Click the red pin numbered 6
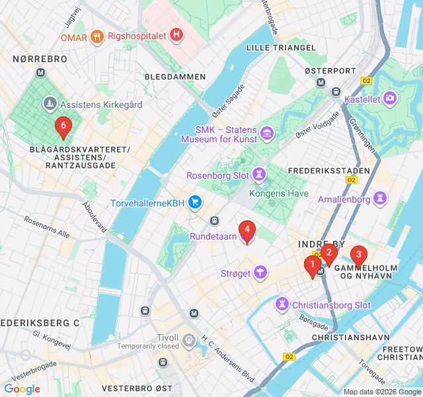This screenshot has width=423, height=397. click(63, 126)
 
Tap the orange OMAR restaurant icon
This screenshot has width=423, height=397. click(96, 37)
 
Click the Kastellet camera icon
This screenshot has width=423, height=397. click(390, 99)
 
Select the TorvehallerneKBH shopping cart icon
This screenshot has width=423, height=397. click(195, 202)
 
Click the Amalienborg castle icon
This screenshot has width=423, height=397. click(381, 198)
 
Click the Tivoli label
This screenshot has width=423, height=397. click(168, 337)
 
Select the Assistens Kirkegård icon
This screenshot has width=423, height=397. click(50, 104)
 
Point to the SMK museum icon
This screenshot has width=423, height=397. click(267, 134)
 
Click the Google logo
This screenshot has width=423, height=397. click(22, 389)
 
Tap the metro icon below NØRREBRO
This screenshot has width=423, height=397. click(41, 72)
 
